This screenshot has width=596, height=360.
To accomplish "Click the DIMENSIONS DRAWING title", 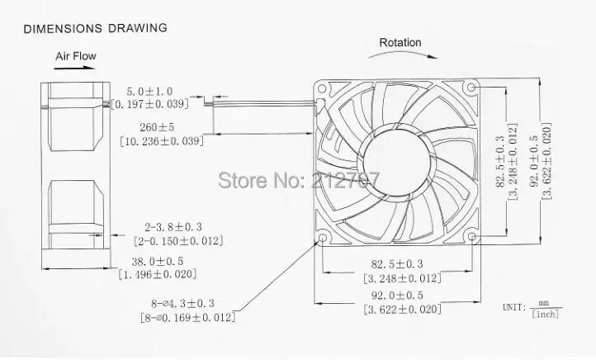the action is pos(96,28).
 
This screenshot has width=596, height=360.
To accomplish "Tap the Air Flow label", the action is pos(76,56).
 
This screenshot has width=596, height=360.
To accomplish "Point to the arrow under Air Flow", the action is pos(74,68).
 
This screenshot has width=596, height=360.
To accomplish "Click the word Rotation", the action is pos(400,43).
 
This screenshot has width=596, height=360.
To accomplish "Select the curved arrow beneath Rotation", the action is pos(403,54).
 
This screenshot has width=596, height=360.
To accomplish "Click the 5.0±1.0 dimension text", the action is pos(149,91).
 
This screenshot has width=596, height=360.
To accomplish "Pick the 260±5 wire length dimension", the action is pos(157,127).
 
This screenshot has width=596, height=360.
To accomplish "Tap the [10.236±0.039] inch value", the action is pos(162,141).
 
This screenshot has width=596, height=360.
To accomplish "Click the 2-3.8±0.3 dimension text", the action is pos(173,227).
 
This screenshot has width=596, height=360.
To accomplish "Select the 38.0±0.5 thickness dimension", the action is pos(158,262).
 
